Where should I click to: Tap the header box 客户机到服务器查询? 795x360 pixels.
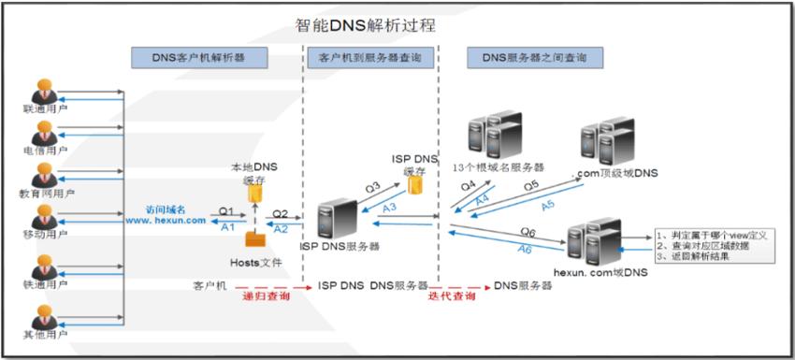pyautogui.click(x=369, y=58)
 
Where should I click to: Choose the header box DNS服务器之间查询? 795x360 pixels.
pyautogui.click(x=534, y=58)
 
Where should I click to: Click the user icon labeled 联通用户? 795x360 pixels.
pyautogui.click(x=43, y=93)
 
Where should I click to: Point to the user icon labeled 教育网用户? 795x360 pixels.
pyautogui.click(x=43, y=174)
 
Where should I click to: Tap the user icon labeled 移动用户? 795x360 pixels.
pyautogui.click(x=43, y=216)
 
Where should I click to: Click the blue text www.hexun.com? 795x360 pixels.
pyautogui.click(x=167, y=221)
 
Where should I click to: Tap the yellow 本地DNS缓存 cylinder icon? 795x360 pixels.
pyautogui.click(x=254, y=194)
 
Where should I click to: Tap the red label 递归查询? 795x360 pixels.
pyautogui.click(x=266, y=296)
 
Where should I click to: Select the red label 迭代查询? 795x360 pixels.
pyautogui.click(x=452, y=296)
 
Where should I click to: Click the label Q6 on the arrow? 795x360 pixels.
pyautogui.click(x=528, y=230)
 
